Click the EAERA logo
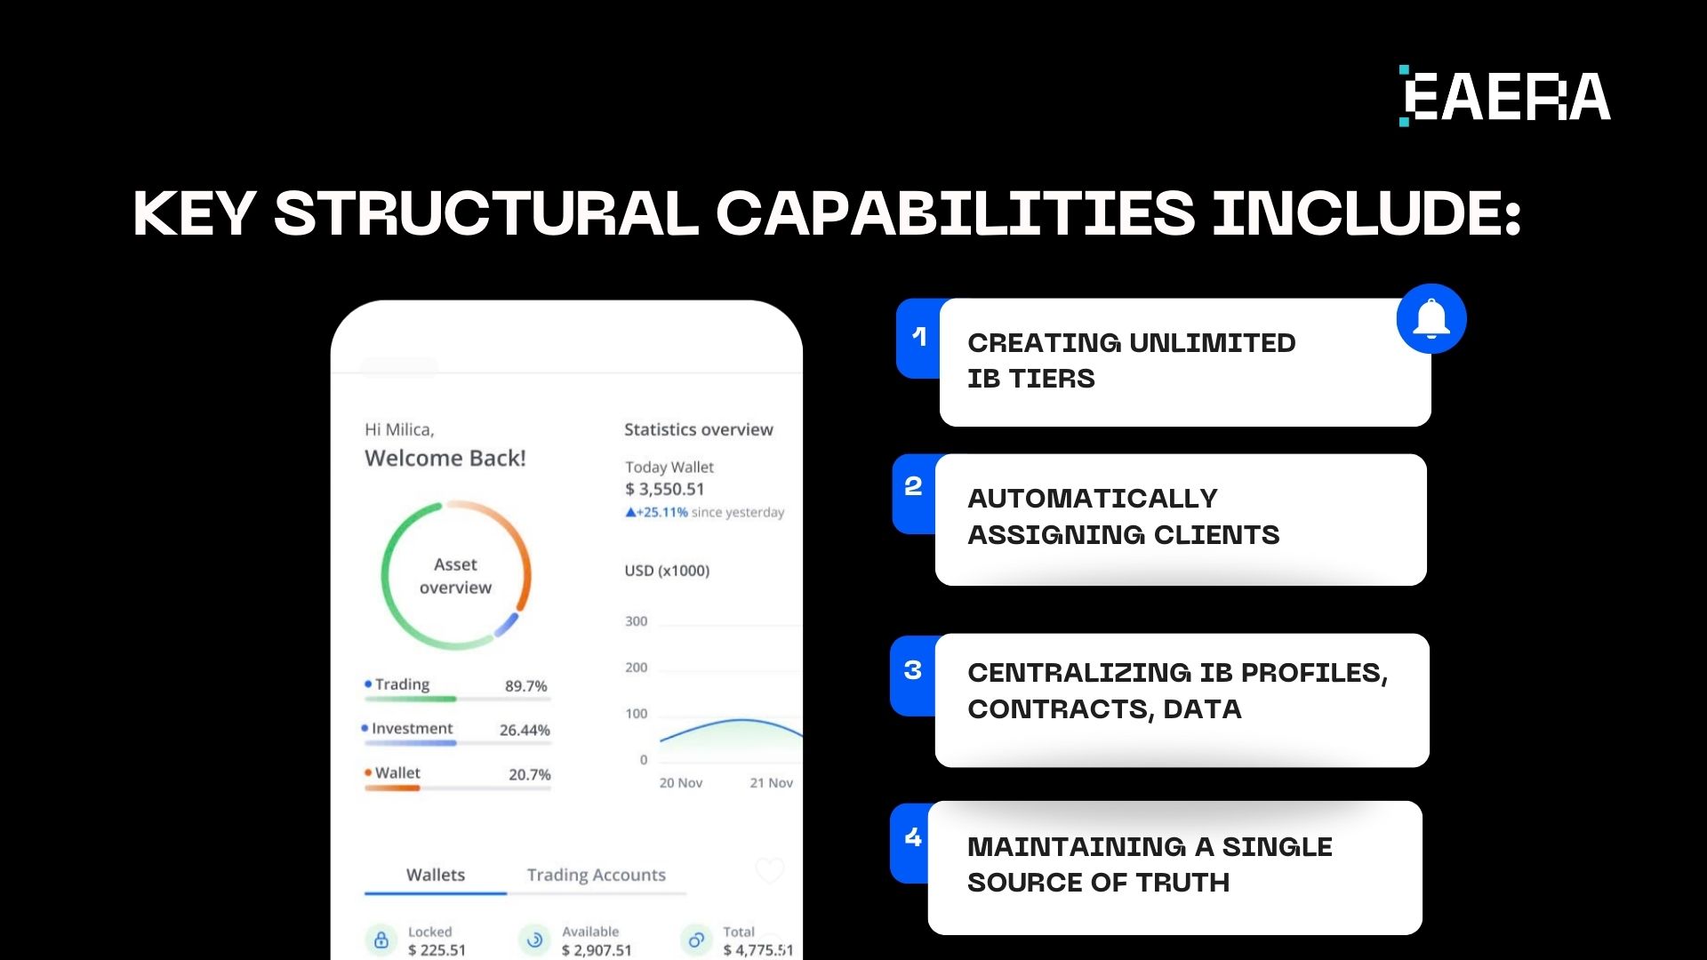coord(1504,96)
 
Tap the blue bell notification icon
coord(1431,319)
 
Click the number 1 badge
coord(919,337)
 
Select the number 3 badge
coord(913,670)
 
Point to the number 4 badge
coord(913,837)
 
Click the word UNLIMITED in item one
coord(1213,343)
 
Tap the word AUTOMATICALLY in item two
coord(1093,499)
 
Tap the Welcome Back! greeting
coord(445,459)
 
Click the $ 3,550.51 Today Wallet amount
coord(665,489)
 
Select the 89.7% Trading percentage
coord(526,686)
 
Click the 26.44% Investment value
coord(525,730)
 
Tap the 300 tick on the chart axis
coord(637,621)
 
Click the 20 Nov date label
coord(681,783)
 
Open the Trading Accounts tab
coord(597,875)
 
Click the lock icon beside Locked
coord(381,940)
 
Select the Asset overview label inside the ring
coord(455,576)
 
